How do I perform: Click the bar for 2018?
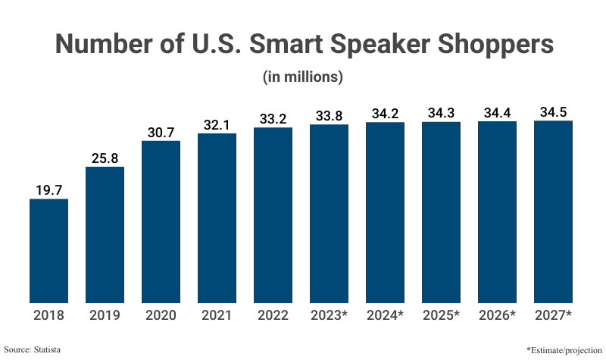point(48,251)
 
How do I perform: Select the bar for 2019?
point(105,235)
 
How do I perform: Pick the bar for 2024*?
point(385,212)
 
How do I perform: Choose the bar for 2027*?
point(553,211)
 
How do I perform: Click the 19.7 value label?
point(48,189)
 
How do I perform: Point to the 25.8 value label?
point(105,158)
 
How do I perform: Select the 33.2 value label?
point(273,118)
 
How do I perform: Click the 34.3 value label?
point(441,112)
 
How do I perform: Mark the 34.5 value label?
point(553,112)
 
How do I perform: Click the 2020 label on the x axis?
point(161,315)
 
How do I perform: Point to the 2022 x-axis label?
point(273,315)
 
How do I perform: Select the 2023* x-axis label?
point(329,315)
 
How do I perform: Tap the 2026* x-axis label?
point(497,315)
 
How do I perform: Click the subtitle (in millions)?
point(303,77)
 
